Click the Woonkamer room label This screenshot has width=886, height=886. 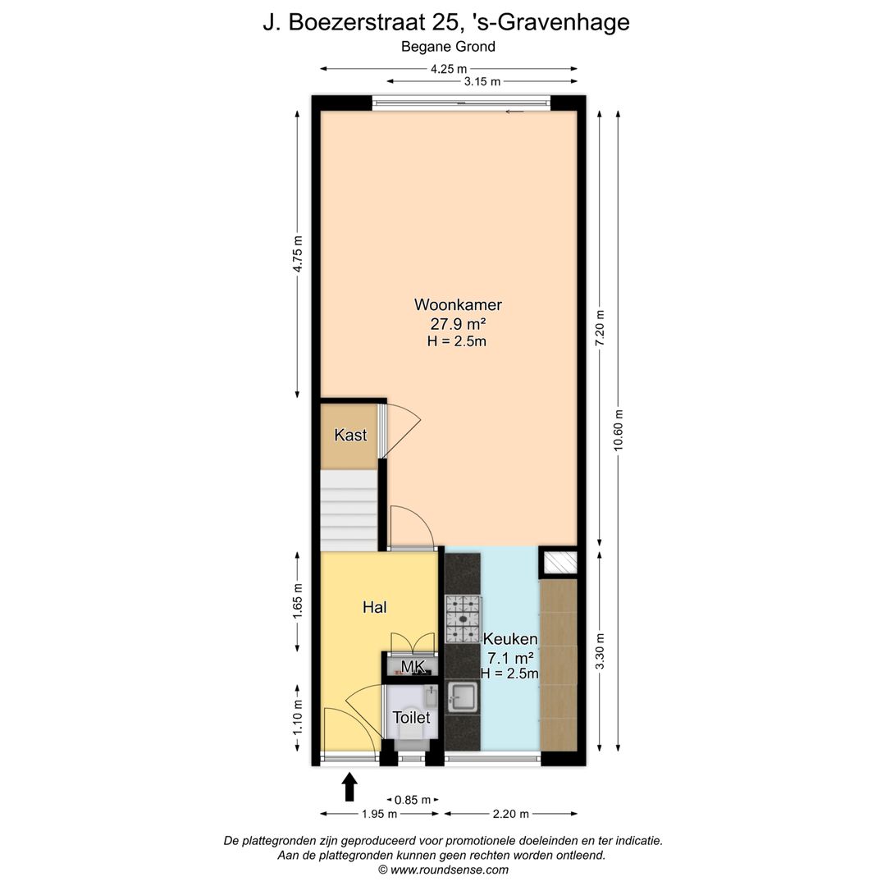click(458, 305)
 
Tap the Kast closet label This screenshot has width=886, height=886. click(350, 436)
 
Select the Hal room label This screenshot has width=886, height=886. click(374, 608)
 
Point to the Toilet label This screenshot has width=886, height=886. click(411, 718)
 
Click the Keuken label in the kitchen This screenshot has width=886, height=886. click(510, 639)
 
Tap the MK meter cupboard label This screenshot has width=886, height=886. click(412, 667)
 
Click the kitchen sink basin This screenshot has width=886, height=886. click(463, 698)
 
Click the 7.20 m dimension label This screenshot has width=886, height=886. click(601, 328)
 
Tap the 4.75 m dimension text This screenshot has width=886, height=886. click(298, 254)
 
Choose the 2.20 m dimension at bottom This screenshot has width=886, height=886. click(510, 814)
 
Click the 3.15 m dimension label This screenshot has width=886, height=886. click(482, 81)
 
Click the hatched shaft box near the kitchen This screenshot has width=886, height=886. click(559, 562)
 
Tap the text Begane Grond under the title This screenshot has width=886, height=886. click(448, 47)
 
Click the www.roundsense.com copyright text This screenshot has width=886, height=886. click(443, 870)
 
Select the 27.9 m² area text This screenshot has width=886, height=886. click(458, 323)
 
